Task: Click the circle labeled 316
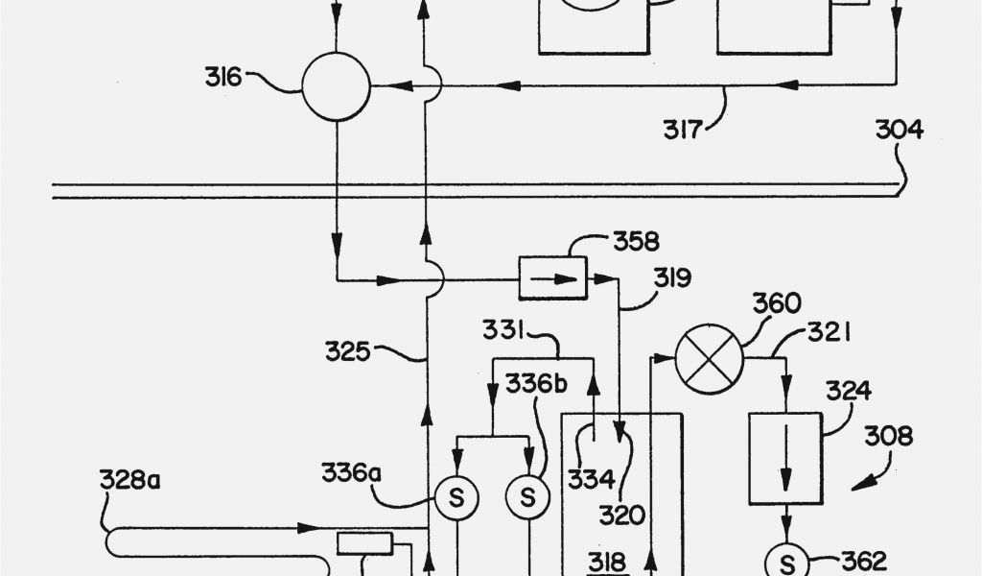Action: [336, 86]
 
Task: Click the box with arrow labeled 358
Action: [552, 278]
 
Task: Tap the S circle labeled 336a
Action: [456, 497]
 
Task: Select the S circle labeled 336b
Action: [527, 497]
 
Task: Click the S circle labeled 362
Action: [786, 560]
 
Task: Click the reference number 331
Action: [503, 331]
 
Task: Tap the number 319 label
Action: [674, 279]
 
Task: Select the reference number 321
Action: [828, 333]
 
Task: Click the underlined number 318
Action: [606, 562]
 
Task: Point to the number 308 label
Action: [887, 438]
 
